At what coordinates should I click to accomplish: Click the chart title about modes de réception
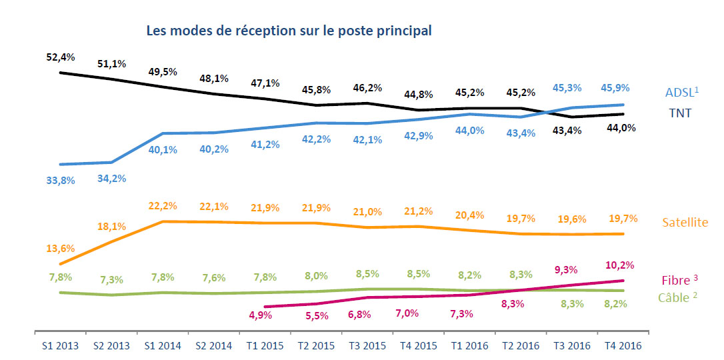click(x=289, y=31)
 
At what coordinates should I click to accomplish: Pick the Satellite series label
click(x=685, y=222)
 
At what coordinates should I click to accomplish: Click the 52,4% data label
click(x=61, y=57)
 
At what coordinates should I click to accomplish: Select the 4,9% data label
click(x=259, y=315)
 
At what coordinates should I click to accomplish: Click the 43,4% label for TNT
click(x=567, y=131)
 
